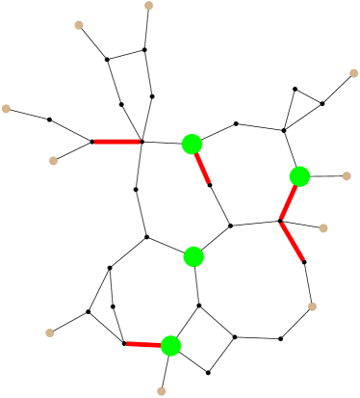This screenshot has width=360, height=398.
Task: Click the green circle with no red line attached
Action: coord(193,256)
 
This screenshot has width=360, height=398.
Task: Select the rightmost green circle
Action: coord(299,176)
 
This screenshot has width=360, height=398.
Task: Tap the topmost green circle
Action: coord(192,145)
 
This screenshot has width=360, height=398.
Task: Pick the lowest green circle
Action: coord(171,345)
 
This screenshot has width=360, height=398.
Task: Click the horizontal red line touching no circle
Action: coord(116,142)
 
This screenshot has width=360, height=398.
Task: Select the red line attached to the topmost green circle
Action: coord(202,168)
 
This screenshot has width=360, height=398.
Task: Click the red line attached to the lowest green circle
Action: coord(143,344)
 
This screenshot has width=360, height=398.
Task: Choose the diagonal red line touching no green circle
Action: coord(293,241)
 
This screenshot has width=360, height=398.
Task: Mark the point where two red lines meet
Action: coord(280,222)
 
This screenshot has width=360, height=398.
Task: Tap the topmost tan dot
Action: coord(149,6)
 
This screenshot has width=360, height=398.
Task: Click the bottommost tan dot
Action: coord(162,390)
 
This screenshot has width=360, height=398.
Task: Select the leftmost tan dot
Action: coord(7,109)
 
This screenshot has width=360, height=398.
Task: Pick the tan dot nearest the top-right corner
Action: coord(353,73)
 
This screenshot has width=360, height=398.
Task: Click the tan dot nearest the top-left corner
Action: coord(79,25)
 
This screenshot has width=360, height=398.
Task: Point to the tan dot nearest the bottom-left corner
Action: coord(50,332)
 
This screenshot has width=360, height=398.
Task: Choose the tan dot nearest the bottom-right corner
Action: coord(312,306)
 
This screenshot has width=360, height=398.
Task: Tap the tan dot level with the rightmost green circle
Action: coord(347,176)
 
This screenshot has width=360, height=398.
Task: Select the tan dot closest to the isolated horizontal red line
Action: coord(54,161)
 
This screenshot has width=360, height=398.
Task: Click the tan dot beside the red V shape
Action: coord(323,228)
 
